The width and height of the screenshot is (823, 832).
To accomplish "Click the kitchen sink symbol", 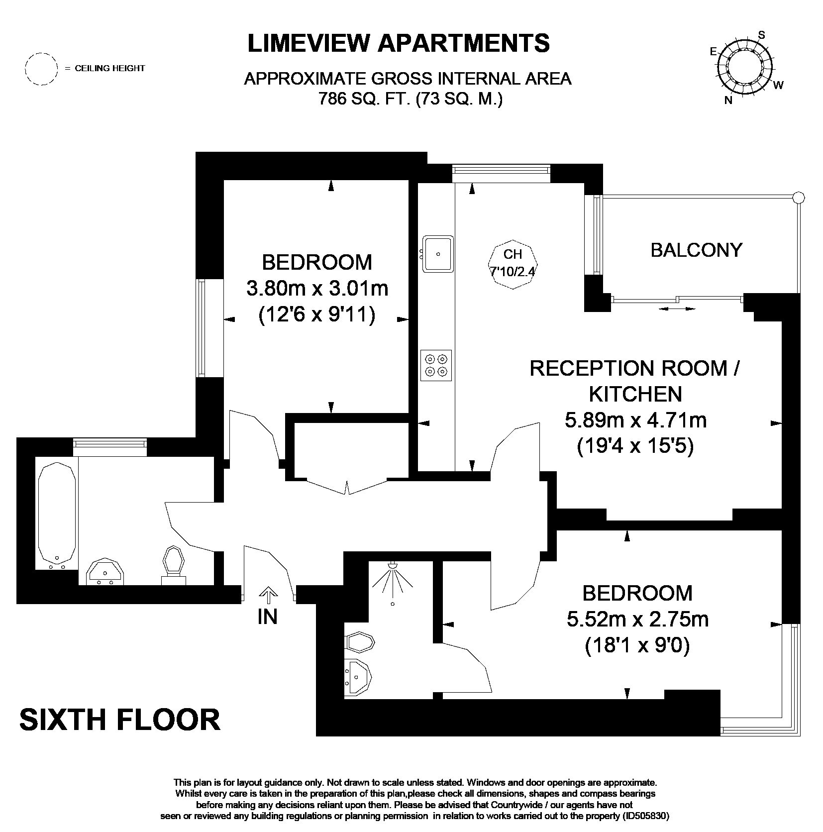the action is point(438,254).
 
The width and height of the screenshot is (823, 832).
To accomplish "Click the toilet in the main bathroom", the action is point(174,566).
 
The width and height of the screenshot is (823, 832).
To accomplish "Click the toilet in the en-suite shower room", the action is point(359,642).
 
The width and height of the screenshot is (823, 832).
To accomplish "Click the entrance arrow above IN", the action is point(268,596).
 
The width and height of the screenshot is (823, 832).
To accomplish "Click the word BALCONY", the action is point(696,250).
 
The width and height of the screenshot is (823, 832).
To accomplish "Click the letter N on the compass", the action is point(728,100).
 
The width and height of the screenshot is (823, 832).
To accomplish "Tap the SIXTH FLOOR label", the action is point(120,720).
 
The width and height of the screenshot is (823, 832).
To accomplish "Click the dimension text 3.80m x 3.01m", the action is point(317,288).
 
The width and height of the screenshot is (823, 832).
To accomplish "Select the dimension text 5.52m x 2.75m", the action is point(638,620).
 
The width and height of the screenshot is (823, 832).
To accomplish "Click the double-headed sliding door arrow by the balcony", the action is point(677,309).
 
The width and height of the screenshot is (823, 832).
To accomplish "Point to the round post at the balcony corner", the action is point(798,198).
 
